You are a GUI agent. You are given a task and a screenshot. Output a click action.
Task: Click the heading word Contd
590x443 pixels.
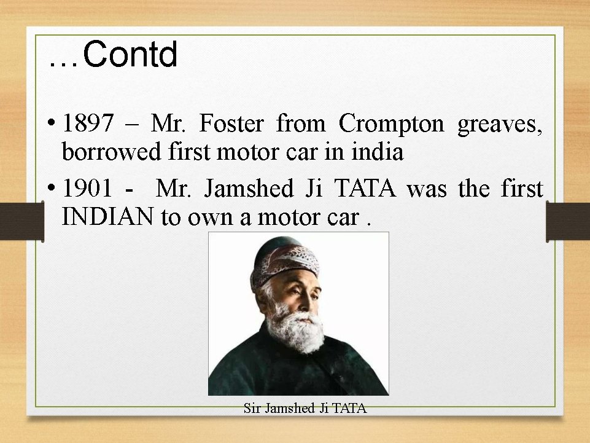point(130,55)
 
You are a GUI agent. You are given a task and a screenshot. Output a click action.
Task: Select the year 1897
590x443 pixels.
point(88,124)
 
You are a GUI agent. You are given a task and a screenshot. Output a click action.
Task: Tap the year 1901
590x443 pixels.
point(88,189)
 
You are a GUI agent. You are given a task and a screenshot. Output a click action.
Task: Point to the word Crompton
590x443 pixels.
point(391,124)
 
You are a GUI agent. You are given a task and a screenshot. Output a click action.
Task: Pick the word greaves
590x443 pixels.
point(499,125)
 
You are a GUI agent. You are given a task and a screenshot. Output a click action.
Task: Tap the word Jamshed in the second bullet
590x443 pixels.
point(248,189)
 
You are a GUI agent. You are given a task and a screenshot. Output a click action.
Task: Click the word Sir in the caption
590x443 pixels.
point(252,408)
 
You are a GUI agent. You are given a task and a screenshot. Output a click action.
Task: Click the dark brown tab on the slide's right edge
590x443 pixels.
point(567,221)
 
